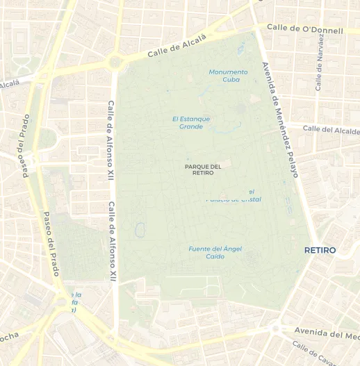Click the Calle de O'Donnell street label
(x=305, y=30)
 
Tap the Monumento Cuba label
(x=228, y=76)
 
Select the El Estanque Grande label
(x=191, y=122)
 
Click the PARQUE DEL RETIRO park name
(x=203, y=169)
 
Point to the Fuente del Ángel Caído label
(x=215, y=252)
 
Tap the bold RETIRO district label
(x=320, y=250)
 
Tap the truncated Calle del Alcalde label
(x=331, y=129)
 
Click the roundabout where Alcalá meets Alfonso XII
(x=115, y=64)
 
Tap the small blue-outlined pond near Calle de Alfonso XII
(x=140, y=229)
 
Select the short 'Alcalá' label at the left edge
(x=10, y=84)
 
